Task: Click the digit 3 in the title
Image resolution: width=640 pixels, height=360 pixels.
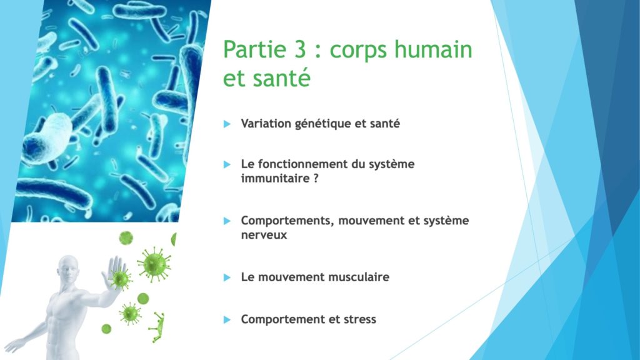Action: click(x=299, y=49)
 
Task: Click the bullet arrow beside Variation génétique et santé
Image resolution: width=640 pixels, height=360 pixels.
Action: click(x=227, y=124)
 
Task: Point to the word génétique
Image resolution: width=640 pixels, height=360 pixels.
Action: click(x=323, y=124)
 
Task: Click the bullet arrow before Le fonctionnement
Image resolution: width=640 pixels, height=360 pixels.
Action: click(x=227, y=164)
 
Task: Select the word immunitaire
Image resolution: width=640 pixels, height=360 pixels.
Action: click(x=275, y=178)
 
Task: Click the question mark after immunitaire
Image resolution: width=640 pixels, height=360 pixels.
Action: click(x=316, y=178)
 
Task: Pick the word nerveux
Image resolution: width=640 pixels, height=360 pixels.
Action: click(x=264, y=235)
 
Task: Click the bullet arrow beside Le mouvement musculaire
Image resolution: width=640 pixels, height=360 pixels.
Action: click(x=227, y=277)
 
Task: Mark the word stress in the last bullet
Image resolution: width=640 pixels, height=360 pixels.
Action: click(x=359, y=319)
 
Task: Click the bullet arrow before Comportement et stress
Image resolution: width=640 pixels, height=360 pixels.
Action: click(x=227, y=319)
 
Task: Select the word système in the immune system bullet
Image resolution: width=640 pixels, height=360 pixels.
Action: click(x=391, y=164)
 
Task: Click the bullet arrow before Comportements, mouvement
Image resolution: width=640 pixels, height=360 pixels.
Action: click(x=227, y=221)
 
